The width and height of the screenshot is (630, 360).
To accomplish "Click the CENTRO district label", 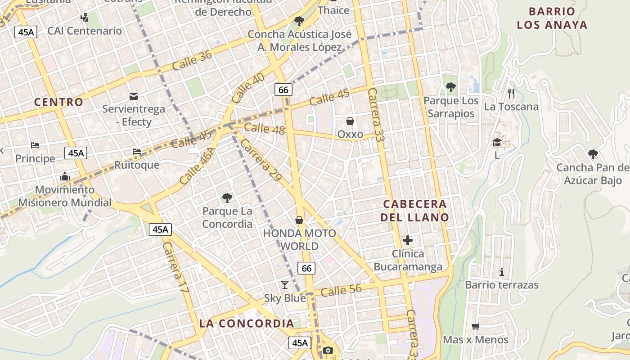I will tap(58, 102).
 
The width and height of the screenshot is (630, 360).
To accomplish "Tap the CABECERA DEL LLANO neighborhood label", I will tap(414, 211).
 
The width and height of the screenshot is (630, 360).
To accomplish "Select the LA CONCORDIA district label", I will tap(246, 323).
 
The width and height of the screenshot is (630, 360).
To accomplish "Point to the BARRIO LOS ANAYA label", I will tap(552, 18).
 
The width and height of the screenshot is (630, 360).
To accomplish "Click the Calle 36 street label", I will tap(192, 60).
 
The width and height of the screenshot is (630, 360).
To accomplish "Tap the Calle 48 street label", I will tap(265, 129).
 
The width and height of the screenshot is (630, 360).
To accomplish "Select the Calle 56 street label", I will tap(342, 290).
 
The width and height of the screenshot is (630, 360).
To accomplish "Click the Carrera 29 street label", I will tap(261, 159).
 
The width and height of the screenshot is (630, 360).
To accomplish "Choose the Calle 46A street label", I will tap(197, 165).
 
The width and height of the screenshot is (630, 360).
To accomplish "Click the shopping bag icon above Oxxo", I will tap(350, 121).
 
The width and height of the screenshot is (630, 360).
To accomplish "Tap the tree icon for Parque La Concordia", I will tap(227, 198).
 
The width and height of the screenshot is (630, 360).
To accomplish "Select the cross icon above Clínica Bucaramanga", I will tap(408, 240).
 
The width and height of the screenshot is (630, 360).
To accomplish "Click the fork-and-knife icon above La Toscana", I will tap(511, 93).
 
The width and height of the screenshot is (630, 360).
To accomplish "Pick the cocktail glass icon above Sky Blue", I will tap(284, 284).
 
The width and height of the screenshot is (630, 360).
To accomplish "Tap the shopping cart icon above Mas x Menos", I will tap(475, 326).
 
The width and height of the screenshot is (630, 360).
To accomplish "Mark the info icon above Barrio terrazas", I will tap(502, 272).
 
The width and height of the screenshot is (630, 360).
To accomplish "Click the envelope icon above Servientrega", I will tap(134, 96).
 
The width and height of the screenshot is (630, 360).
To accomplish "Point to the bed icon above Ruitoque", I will tap(137, 152).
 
